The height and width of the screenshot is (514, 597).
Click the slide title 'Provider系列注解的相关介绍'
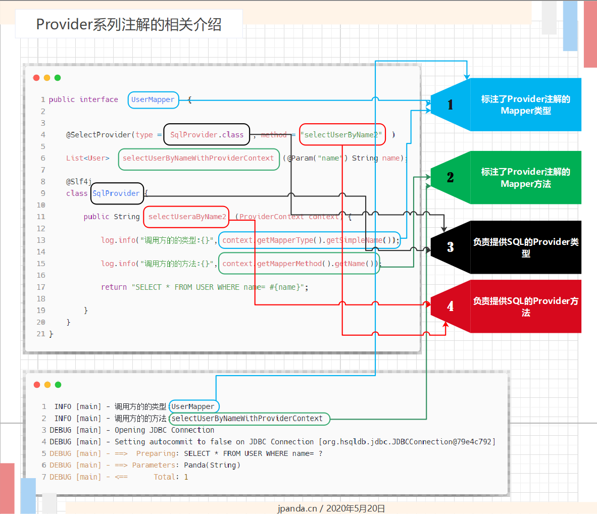click(129, 24)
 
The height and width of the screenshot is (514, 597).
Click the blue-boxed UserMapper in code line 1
click(153, 99)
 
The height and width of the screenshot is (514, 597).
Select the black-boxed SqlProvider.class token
click(207, 134)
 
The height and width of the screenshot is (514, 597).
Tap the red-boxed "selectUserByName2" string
click(342, 134)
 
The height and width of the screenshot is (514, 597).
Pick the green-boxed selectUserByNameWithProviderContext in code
click(198, 158)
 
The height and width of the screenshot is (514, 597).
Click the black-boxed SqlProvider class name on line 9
click(117, 193)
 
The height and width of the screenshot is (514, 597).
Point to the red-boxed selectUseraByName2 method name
click(186, 217)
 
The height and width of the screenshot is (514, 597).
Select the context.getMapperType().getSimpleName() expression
click(309, 240)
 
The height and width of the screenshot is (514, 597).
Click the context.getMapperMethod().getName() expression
click(299, 263)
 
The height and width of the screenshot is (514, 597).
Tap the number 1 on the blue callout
click(450, 105)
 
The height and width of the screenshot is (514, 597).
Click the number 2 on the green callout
click(450, 177)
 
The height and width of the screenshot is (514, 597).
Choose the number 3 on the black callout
click(450, 247)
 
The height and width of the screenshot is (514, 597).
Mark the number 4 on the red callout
click(450, 306)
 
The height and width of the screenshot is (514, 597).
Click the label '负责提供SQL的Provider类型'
click(525, 247)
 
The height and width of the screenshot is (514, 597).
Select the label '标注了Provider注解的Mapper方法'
click(525, 178)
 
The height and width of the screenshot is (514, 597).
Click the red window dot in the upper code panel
click(36, 78)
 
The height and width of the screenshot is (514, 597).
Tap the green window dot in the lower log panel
click(58, 385)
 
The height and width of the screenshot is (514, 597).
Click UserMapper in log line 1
click(193, 406)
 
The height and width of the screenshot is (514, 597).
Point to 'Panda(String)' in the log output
click(212, 465)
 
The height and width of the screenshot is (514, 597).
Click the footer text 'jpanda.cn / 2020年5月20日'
click(331, 508)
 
